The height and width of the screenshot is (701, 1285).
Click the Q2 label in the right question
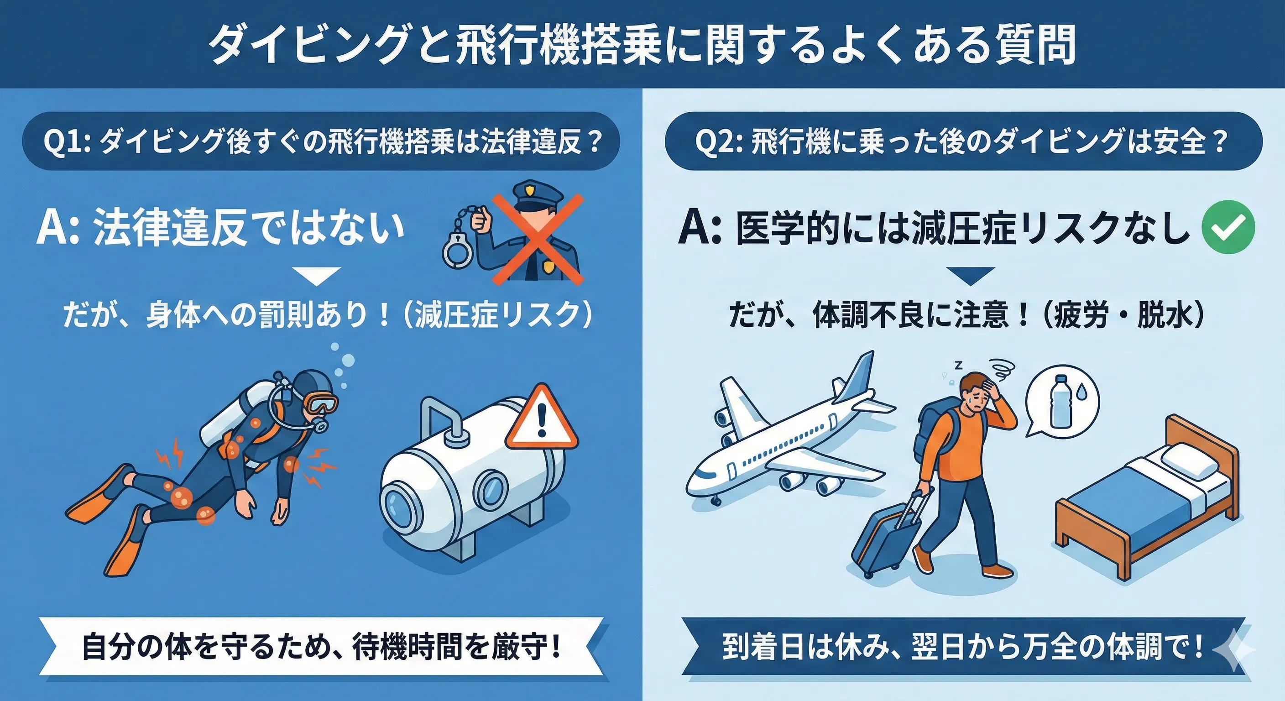tap(718, 142)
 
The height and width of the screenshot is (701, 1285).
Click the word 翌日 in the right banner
tap(940, 647)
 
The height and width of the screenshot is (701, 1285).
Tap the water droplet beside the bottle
tap(1081, 393)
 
